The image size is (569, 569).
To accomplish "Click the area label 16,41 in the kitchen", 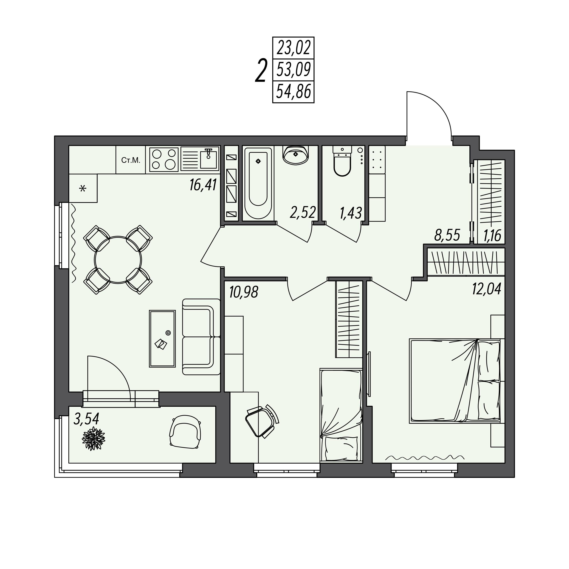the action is pyautogui.click(x=203, y=185).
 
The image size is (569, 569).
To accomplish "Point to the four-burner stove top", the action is pyautogui.click(x=164, y=159).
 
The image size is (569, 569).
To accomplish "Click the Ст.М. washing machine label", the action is pyautogui.click(x=131, y=161).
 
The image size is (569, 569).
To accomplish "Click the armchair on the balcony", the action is pyautogui.click(x=185, y=432).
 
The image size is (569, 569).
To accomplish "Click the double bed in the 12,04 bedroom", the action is pyautogui.click(x=455, y=381).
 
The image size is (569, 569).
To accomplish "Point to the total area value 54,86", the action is pyautogui.click(x=294, y=92).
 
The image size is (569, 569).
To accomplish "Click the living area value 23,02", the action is pyautogui.click(x=294, y=48).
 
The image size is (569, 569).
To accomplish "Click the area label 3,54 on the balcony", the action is pyautogui.click(x=86, y=419).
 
